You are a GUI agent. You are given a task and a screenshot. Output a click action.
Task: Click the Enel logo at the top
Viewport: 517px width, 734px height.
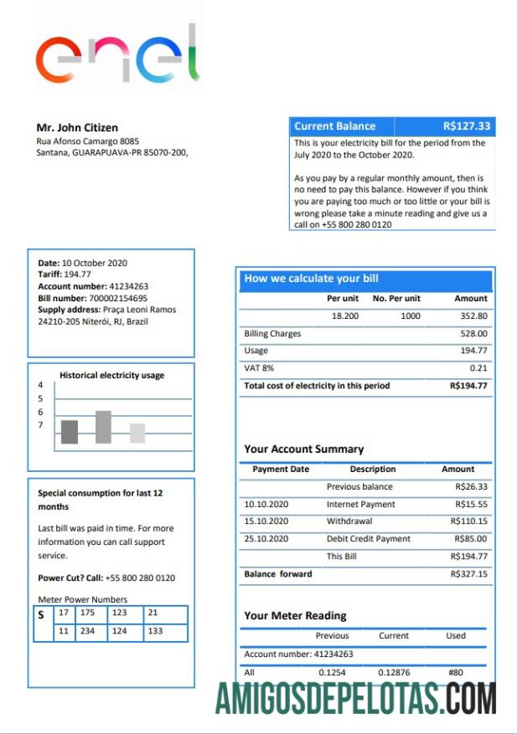(118, 54)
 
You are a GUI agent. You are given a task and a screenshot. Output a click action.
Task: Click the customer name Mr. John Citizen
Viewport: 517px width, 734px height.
(77, 128)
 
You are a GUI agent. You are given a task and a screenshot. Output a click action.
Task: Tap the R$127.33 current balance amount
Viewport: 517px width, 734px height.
(467, 126)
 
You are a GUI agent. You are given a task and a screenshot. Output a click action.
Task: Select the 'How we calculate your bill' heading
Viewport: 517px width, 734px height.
(311, 279)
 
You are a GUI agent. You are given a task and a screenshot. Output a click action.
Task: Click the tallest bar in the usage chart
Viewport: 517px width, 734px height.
(103, 427)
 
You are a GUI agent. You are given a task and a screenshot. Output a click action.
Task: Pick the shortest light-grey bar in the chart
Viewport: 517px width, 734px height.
(137, 433)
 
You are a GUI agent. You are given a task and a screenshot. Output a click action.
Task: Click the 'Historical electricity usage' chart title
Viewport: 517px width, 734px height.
(111, 376)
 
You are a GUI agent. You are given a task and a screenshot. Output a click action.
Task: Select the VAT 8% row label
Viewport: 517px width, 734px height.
(259, 368)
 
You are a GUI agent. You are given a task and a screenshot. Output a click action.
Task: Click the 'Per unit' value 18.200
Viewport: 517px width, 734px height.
(345, 316)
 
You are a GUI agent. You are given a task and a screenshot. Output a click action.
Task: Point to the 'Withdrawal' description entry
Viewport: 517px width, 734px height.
(349, 521)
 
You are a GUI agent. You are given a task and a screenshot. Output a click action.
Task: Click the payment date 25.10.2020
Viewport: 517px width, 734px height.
(266, 539)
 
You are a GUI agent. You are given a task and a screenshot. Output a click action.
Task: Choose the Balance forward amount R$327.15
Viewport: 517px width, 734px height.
(468, 574)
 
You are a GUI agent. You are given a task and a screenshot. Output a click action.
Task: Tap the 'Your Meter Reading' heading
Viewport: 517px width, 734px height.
(295, 615)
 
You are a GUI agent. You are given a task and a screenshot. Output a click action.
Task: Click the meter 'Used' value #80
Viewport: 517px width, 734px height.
(455, 672)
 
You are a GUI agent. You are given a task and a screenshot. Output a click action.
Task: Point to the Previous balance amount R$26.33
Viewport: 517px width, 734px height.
(471, 486)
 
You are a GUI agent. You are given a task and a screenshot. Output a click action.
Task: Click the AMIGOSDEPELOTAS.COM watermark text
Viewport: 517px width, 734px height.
(356, 699)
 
